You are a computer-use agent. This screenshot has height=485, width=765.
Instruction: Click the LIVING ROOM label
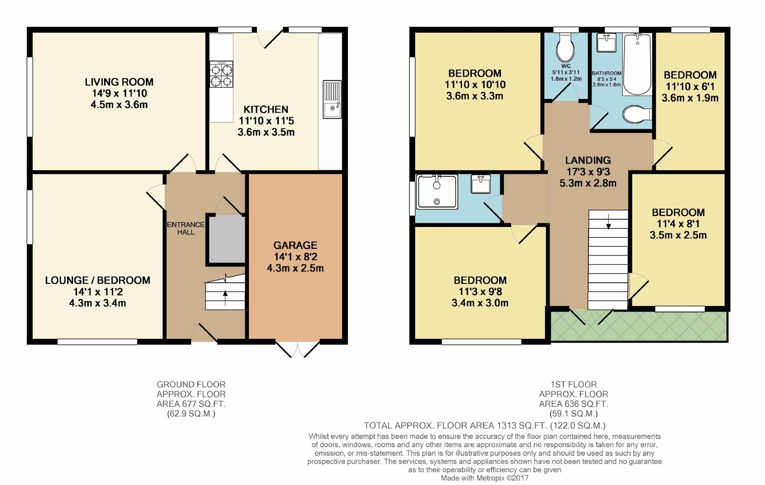119,82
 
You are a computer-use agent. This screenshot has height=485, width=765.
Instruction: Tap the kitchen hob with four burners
221,75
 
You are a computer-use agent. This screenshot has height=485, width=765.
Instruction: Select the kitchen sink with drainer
332,99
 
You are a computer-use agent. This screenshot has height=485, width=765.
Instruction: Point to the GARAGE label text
295,245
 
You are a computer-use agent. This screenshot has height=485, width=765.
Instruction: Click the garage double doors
297,349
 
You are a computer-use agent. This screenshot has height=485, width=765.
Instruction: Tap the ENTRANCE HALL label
186,228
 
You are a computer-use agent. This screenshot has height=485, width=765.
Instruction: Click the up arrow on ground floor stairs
225,298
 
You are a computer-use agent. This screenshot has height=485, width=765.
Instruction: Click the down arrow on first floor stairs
608,222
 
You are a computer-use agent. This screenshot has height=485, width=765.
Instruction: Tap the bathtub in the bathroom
637,65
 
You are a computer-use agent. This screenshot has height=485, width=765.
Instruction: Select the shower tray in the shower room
437,192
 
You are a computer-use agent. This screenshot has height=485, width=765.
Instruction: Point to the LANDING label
588,161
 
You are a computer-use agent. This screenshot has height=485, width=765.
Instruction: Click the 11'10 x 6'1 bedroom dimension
690,86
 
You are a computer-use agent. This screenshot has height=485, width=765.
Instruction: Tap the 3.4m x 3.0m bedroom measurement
480,303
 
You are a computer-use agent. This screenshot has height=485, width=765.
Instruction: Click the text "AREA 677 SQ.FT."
191,404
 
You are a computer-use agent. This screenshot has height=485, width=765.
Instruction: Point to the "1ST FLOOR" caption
573,384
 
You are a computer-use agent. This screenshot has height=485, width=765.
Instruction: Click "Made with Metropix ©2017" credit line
484,478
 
